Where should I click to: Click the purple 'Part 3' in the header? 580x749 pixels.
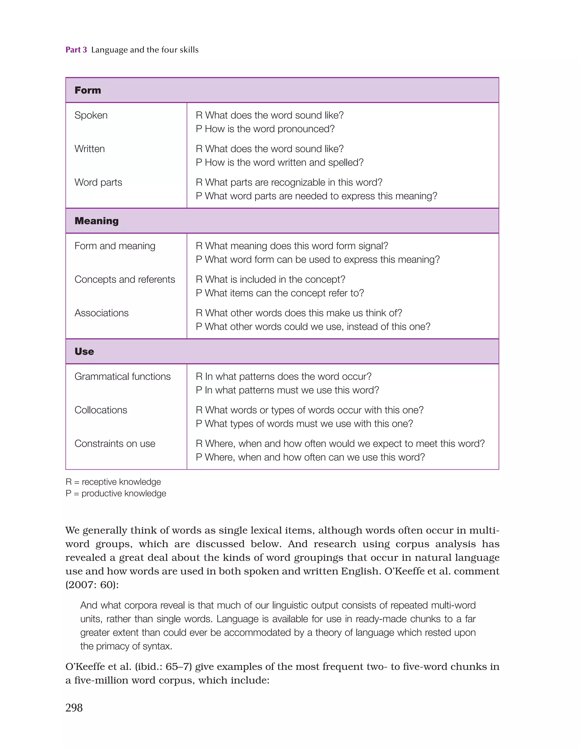tap(76, 50)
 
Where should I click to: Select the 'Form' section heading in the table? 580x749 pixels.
tap(88, 90)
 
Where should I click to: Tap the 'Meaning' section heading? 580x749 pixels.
tap(97, 221)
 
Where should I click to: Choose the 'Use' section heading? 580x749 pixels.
tap(84, 352)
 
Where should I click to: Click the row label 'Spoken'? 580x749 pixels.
tap(91, 115)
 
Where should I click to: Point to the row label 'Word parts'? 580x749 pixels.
tap(98, 183)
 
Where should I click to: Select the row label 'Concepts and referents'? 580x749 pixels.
tap(125, 279)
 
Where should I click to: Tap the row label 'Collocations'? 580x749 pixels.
tap(101, 410)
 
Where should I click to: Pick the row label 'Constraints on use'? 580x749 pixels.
tap(115, 444)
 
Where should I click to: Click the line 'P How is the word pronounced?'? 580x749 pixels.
tap(265, 129)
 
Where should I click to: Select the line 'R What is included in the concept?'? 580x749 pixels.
tap(270, 279)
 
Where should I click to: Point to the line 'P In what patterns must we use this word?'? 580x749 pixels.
tap(287, 390)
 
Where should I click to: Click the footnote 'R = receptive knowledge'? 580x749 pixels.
tap(113, 482)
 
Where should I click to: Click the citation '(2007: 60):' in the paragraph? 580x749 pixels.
tap(92, 585)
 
